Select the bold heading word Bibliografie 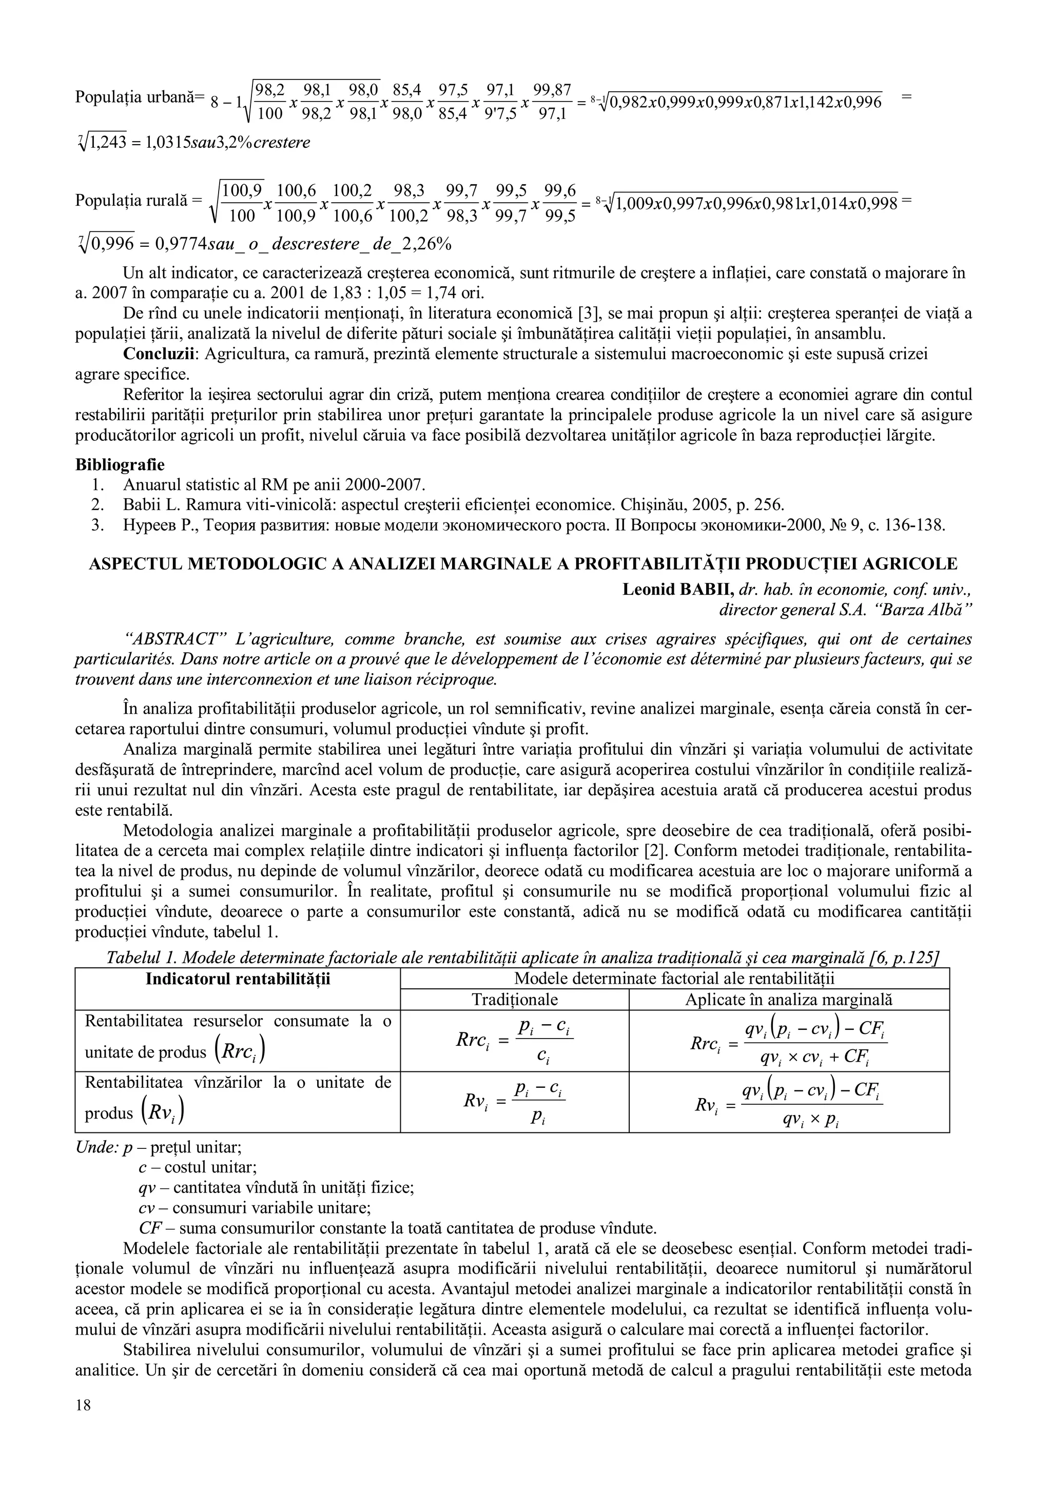pyautogui.click(x=120, y=464)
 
